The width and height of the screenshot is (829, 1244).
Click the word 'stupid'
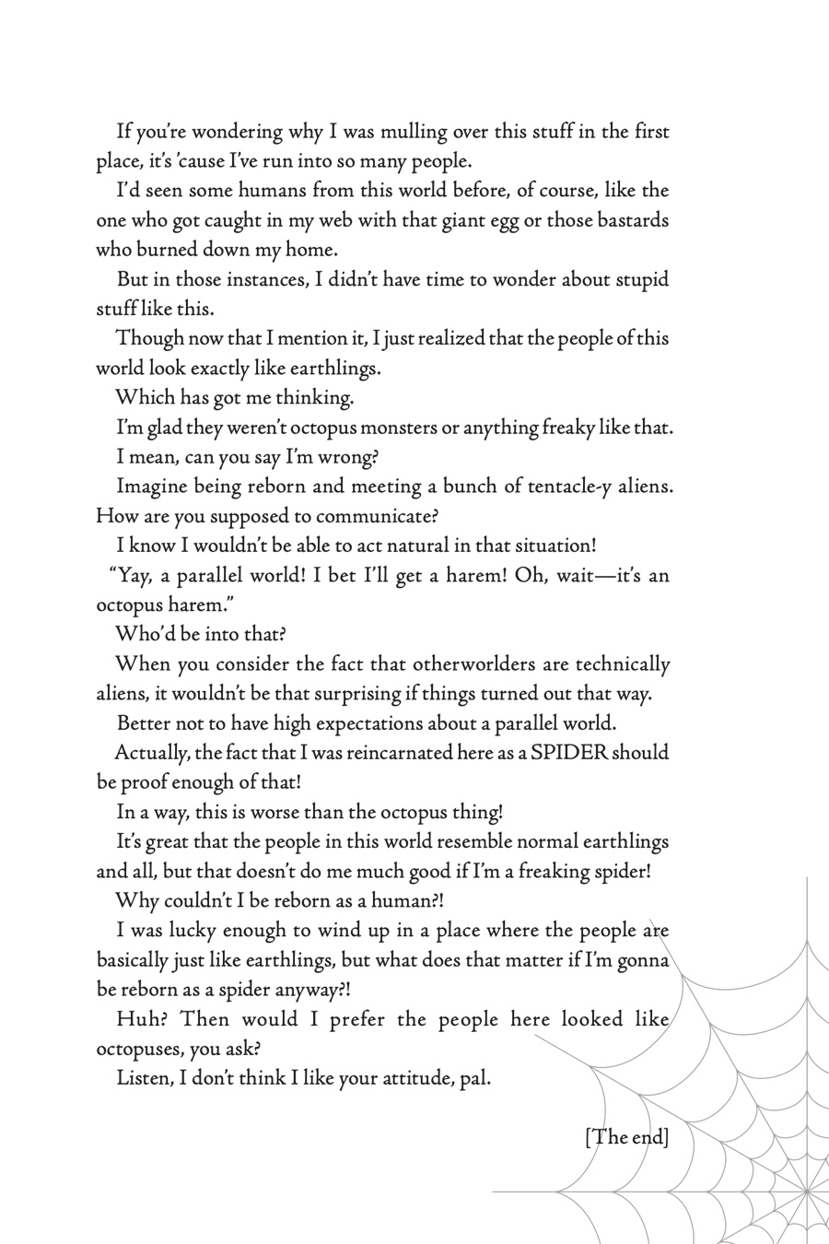(638, 280)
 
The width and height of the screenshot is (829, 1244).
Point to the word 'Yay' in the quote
(130, 576)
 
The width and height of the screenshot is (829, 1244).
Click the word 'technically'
(623, 664)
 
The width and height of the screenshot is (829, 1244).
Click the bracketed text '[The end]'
(626, 1137)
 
